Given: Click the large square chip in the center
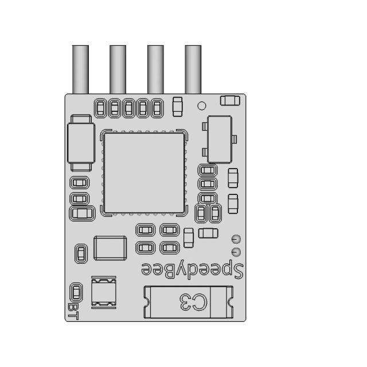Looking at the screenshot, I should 144,173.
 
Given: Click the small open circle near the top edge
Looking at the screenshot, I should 201,106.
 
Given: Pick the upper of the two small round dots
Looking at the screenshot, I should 235,239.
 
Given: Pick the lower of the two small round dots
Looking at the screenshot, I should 235,252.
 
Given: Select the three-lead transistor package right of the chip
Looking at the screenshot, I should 218,138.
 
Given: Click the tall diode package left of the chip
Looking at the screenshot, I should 80,142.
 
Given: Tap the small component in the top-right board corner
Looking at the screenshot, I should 230,101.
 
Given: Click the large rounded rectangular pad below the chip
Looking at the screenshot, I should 110,248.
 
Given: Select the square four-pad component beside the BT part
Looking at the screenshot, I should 104,291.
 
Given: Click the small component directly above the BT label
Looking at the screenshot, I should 75,291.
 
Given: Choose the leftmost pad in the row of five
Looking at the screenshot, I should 101,107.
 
